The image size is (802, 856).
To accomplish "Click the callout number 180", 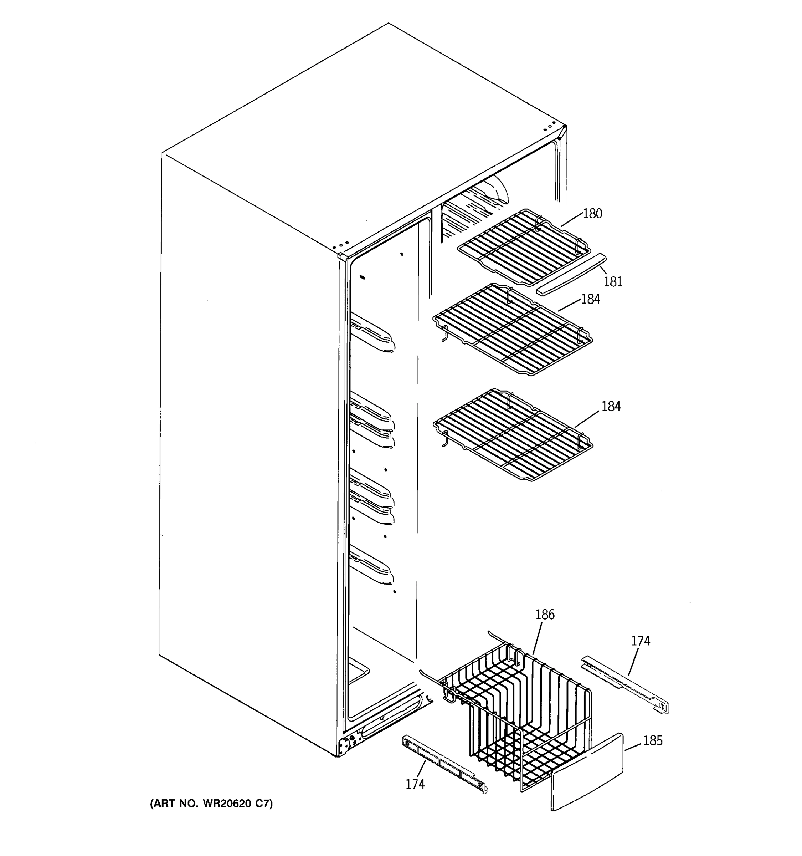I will pos(592,214).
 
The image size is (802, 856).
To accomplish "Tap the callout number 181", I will pos(613,282).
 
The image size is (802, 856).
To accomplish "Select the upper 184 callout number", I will pos(590,299).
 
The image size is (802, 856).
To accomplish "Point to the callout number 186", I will pos(545,615).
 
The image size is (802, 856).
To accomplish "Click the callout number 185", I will pos(653,740).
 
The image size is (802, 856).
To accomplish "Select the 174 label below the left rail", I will pos(415,785).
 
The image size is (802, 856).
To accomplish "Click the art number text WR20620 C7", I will pos(211,804).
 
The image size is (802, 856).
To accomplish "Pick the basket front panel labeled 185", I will pos(587,773).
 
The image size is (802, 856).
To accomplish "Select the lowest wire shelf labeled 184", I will pos(512,435).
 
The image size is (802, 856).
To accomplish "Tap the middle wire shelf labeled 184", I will pos(512,330).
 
